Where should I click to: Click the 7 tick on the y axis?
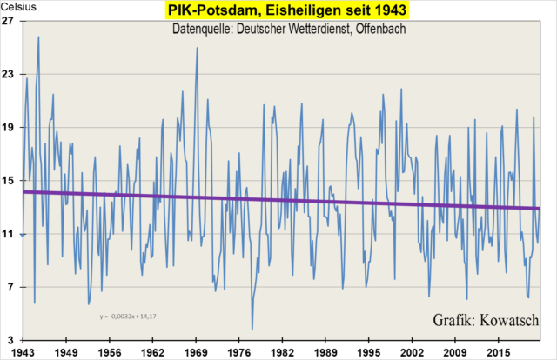coord(10,286)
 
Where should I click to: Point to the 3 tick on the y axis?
coord(10,339)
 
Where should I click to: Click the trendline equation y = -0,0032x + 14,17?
coord(128,316)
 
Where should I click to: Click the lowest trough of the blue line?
coord(252,330)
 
